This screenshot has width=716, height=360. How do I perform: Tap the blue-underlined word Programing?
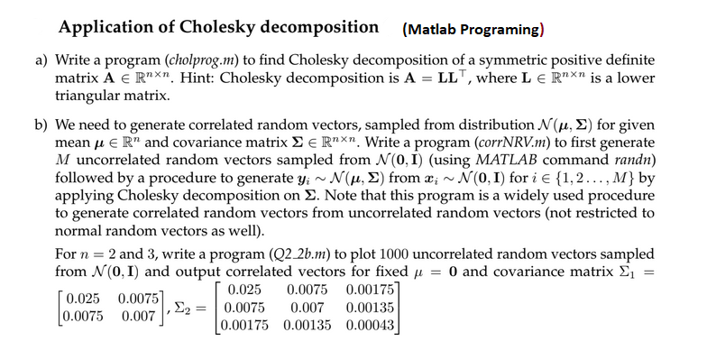click(x=497, y=30)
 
